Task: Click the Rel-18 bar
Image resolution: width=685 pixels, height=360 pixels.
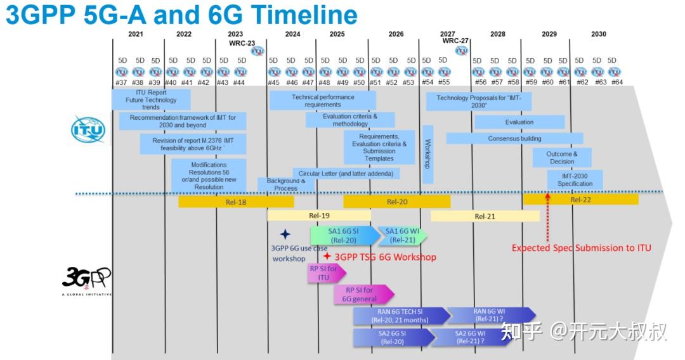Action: [x=236, y=202]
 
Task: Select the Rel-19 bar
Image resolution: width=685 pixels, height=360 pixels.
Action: [x=318, y=215]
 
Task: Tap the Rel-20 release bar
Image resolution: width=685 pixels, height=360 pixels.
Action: [x=396, y=202]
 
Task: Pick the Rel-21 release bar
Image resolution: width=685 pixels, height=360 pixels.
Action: [x=485, y=216]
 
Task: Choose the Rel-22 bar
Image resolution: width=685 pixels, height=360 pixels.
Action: [x=580, y=200]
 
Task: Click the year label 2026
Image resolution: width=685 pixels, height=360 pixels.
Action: [x=396, y=34]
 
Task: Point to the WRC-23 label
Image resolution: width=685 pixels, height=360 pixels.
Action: [x=242, y=43]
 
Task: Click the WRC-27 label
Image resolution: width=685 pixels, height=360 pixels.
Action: [x=455, y=41]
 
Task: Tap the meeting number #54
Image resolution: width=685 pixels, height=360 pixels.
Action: [x=427, y=82]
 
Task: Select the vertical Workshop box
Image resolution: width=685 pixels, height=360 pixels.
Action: [x=427, y=154]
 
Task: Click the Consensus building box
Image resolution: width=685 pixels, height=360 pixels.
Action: [x=514, y=138]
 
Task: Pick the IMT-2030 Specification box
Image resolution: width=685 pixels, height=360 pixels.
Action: [x=575, y=179]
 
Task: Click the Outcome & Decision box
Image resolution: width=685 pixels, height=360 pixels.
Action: [x=561, y=157]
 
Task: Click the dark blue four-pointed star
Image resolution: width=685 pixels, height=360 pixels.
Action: [x=285, y=235]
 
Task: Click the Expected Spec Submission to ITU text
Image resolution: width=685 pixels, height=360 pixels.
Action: [x=581, y=248]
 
